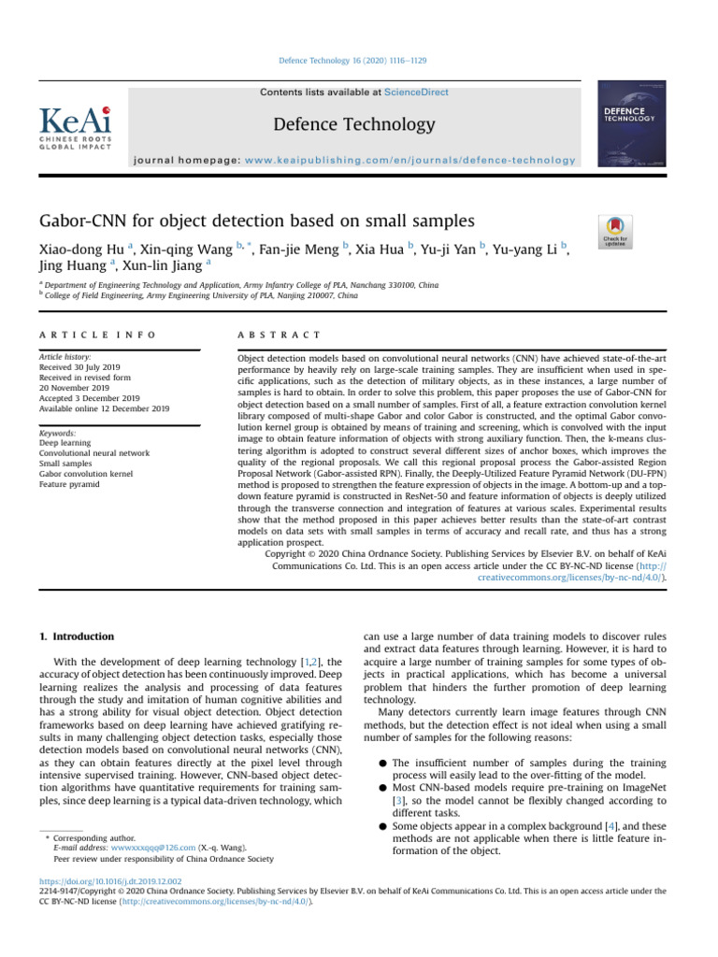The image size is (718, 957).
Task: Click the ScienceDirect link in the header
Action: click(417, 93)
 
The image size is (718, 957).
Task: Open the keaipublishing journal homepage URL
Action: click(410, 160)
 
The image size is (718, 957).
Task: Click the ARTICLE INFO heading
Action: click(97, 335)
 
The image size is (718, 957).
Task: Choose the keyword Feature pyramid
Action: click(70, 485)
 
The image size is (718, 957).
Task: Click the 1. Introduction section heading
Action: click(76, 636)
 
